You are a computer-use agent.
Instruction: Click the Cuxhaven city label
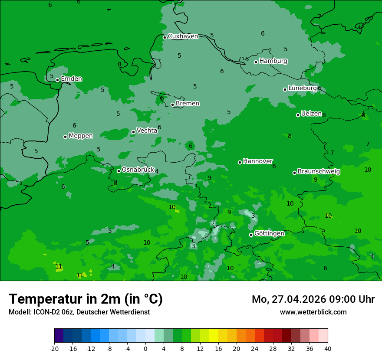(183, 36)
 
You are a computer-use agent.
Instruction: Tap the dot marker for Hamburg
(256, 62)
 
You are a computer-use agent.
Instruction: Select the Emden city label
(71, 79)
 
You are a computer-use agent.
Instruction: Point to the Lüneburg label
(303, 88)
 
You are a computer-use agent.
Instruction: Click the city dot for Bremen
(172, 105)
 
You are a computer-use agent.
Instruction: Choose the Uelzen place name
(311, 114)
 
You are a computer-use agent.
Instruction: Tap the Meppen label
(81, 136)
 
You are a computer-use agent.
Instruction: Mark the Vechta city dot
(134, 132)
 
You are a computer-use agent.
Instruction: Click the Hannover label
(257, 161)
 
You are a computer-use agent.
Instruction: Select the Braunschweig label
(319, 172)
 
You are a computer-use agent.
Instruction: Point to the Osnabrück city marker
(119, 171)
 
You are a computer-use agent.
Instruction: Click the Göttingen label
(269, 234)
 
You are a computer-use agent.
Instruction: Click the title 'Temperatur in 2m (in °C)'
(86, 299)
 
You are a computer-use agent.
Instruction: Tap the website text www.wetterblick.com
(313, 312)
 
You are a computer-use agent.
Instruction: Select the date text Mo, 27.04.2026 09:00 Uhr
(313, 299)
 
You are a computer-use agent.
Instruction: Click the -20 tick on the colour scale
(54, 348)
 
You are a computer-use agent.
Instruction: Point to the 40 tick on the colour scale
(328, 348)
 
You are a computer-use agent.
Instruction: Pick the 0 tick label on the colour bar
(145, 348)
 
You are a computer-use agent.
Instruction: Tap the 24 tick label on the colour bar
(255, 348)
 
